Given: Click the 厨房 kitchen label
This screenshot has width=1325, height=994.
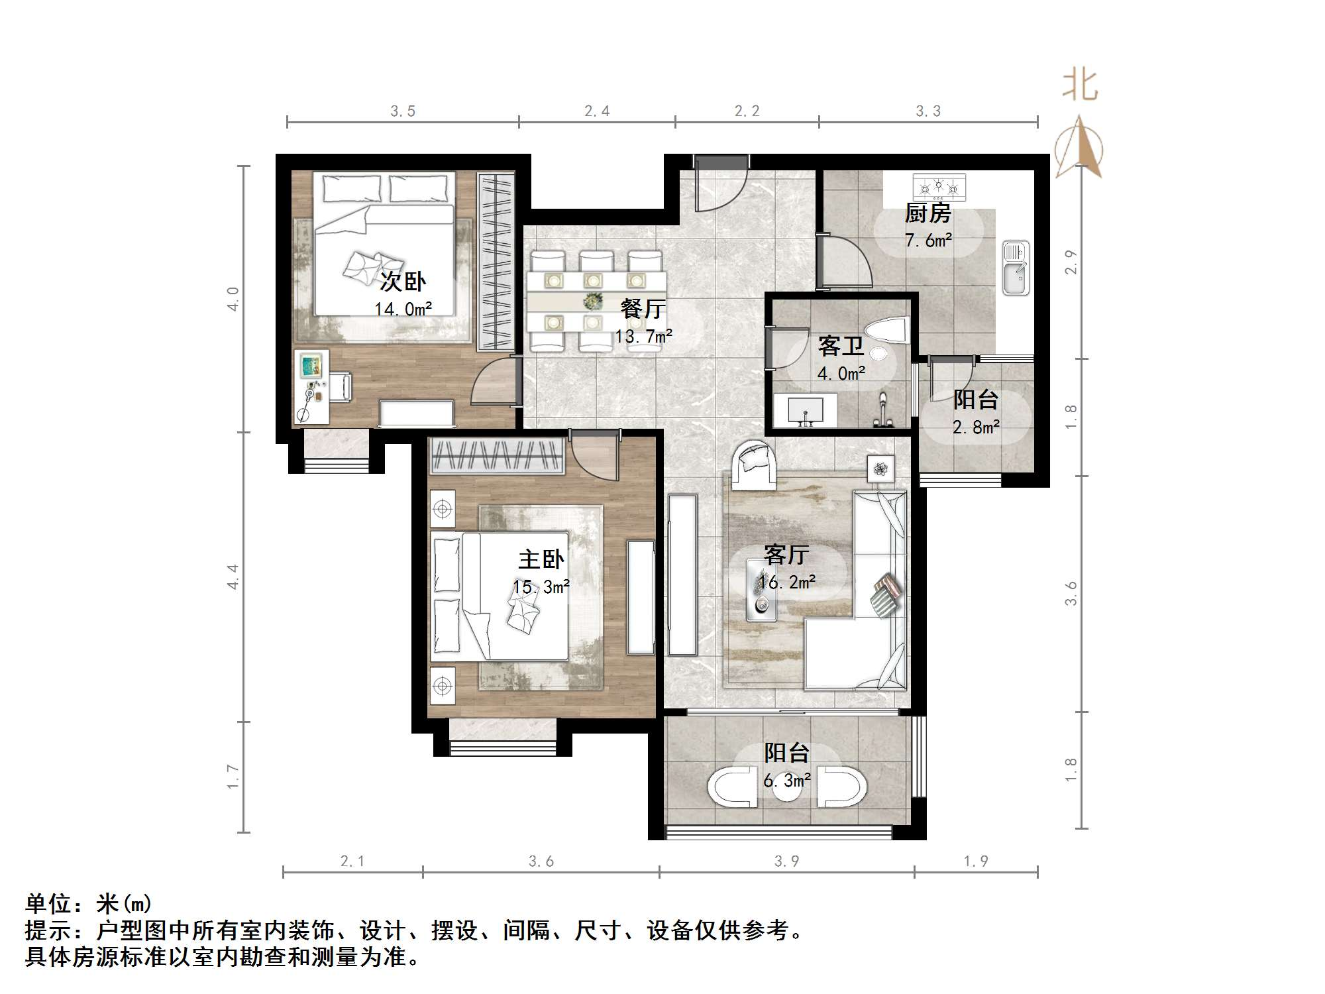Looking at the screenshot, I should click(927, 213).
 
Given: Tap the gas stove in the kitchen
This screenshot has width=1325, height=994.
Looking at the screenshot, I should click(939, 188).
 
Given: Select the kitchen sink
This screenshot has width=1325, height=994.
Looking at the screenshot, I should click(1015, 268).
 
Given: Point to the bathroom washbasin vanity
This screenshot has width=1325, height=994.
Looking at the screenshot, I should click(806, 410).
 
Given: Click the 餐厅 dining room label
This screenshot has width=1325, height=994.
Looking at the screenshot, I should click(643, 309).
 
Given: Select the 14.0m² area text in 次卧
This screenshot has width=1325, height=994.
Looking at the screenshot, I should click(403, 309).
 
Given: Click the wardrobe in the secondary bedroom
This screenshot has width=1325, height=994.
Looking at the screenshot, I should click(496, 262).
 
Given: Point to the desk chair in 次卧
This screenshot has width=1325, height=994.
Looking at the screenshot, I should click(341, 387).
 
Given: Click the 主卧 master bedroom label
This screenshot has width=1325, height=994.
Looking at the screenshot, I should click(541, 559).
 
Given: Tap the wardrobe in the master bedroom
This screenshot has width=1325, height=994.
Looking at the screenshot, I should click(497, 456).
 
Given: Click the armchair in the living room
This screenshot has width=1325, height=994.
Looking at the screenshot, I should click(754, 465).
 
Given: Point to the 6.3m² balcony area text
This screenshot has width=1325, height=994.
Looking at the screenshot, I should click(786, 781).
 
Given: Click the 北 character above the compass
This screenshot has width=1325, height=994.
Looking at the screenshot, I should click(1080, 86).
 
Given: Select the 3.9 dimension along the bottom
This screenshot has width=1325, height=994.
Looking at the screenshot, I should click(786, 861).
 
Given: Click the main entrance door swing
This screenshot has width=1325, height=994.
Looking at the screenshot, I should click(721, 189).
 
